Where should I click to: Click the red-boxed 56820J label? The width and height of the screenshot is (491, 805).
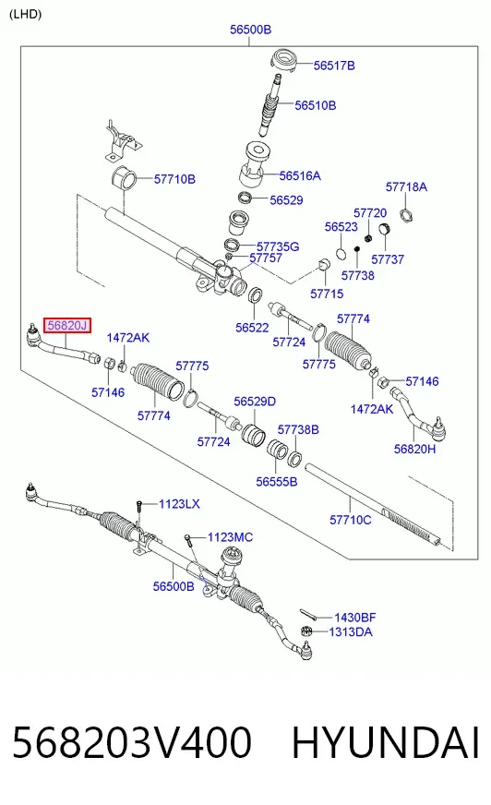[67, 326]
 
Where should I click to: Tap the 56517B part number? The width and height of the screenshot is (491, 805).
[334, 66]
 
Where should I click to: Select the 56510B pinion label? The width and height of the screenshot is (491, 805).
[315, 105]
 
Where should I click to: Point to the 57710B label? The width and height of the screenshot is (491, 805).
[174, 179]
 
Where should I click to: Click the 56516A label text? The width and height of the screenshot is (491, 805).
[300, 176]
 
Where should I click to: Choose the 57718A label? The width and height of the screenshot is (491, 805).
[406, 186]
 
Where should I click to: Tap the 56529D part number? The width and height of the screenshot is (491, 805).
[255, 402]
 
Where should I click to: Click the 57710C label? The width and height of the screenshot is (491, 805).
[351, 520]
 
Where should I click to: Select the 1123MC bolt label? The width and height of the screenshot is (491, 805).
[230, 537]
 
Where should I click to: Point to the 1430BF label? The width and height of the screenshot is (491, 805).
[355, 617]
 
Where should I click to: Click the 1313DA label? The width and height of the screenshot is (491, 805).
[351, 632]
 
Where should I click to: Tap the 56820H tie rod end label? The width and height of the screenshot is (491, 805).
[414, 450]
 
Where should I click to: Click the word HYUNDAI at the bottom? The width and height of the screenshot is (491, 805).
[385, 742]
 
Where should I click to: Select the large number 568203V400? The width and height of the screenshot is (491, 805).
[132, 742]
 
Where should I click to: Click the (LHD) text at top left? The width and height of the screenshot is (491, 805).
[25, 15]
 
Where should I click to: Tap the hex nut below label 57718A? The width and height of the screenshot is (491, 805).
[406, 214]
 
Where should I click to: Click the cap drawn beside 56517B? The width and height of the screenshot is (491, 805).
[285, 60]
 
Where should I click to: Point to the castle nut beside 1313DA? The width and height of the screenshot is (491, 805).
[306, 631]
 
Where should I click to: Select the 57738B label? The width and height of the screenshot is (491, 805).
[298, 429]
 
